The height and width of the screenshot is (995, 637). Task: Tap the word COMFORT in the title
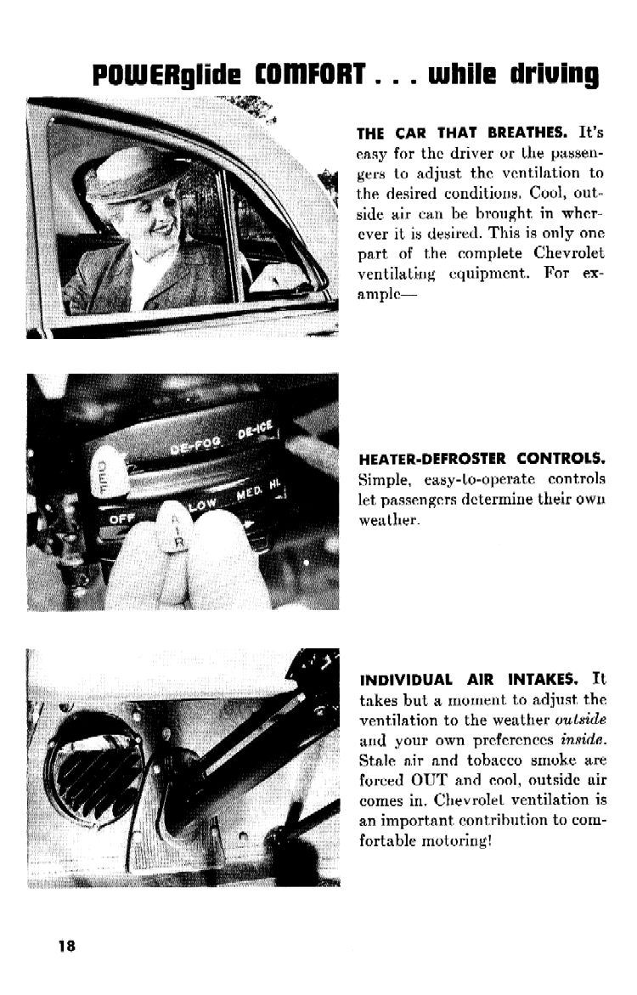(303, 76)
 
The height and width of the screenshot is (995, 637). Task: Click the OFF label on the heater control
(118, 517)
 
